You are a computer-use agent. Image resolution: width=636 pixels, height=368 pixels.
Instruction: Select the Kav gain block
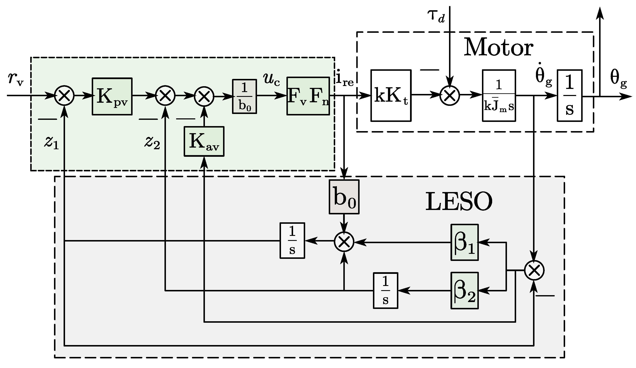tap(204, 142)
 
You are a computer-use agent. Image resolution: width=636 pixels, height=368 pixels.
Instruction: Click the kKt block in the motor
tap(391, 96)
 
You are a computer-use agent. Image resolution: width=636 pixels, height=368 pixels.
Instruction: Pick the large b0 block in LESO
tap(344, 197)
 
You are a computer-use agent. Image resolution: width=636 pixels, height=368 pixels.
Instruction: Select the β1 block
tap(465, 242)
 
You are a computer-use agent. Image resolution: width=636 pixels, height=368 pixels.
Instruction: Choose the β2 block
tap(465, 290)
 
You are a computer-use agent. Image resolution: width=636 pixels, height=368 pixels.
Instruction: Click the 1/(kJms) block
tap(499, 96)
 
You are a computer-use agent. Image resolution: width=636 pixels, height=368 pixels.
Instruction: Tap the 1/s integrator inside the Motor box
tap(570, 96)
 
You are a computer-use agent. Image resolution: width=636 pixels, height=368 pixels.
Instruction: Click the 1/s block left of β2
tap(385, 290)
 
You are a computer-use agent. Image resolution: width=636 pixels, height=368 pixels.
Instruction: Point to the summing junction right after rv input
tap(65, 96)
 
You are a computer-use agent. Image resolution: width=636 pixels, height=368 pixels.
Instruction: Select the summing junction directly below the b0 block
tap(344, 242)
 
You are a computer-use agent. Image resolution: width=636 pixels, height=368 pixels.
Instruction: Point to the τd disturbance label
tap(436, 17)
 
